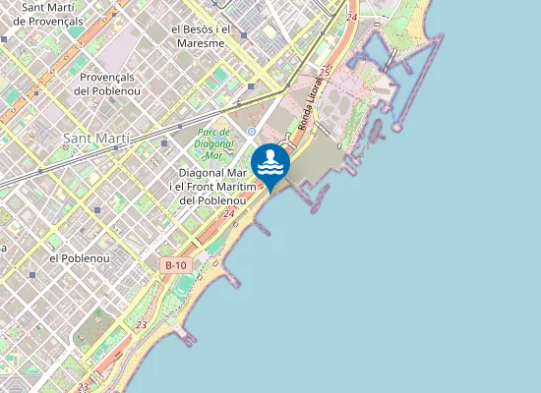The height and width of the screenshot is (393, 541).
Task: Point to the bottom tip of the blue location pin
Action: coord(270,192)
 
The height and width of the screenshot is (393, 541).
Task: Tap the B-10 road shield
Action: coord(175,265)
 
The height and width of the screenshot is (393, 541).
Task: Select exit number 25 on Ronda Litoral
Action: coord(323,72)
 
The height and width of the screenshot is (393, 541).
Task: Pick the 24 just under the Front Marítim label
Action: coord(228,213)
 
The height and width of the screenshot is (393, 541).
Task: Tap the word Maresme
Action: coord(201,42)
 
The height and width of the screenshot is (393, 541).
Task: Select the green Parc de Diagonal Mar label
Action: coord(214,142)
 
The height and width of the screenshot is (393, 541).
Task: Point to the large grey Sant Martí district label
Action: coord(95,138)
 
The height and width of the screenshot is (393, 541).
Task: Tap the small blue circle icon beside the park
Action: coord(252,131)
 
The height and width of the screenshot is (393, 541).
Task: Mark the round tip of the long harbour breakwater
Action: coord(397,127)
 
